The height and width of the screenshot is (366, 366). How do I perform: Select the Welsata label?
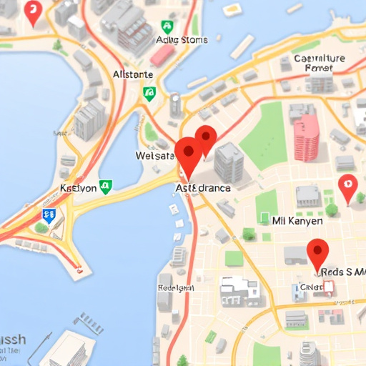(x=154, y=156)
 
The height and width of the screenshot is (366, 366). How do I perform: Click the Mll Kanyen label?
(x=297, y=221)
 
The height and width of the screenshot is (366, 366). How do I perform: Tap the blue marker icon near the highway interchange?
(x=49, y=214)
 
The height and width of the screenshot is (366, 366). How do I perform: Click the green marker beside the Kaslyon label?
(x=106, y=187)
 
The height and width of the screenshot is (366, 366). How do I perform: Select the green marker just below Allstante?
(x=149, y=92)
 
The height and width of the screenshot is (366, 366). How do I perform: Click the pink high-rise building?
(x=307, y=135)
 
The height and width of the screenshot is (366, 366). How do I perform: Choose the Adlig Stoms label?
(x=181, y=40)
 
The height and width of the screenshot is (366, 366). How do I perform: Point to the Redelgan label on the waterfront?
(x=175, y=287)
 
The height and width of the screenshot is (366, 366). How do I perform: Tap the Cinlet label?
(x=312, y=287)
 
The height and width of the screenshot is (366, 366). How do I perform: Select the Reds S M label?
(x=342, y=272)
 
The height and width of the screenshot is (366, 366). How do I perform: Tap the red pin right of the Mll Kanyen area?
(x=347, y=187)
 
